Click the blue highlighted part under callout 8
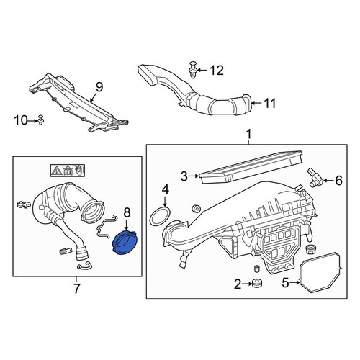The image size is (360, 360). pos(125,242)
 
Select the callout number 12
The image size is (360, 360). pos(217,71)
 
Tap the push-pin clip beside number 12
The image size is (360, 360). pos(192,70)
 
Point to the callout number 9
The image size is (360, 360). pos(99,87)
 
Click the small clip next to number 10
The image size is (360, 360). pos(41,120)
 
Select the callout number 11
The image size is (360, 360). pos(270,103)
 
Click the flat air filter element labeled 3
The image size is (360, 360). pos(251,166)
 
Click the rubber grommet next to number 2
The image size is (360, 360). pos(257,283)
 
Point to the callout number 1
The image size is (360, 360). pos(249,134)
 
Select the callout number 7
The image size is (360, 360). pos(76,289)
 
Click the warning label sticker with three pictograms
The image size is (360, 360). pos(68,171)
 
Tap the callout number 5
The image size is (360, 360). pos(285,283)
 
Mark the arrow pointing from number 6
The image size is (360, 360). pos(328,180)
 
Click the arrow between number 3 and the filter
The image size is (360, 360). pos(194,176)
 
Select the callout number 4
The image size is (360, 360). pos(166,189)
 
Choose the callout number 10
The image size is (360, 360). pos(21,120)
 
